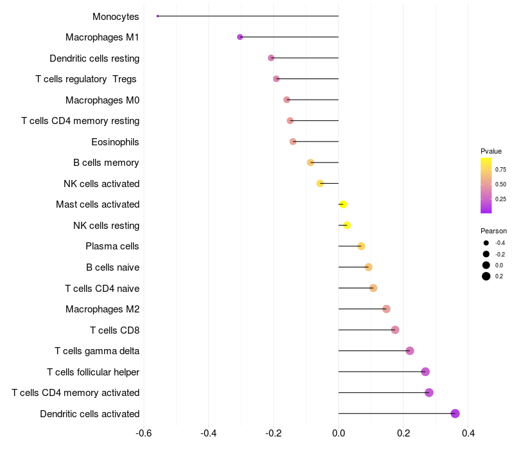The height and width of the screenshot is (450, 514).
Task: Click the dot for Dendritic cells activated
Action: pyautogui.click(x=455, y=413)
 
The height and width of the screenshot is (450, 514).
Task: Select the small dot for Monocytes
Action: pyautogui.click(x=157, y=16)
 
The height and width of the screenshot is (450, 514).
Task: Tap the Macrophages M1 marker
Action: pyautogui.click(x=240, y=37)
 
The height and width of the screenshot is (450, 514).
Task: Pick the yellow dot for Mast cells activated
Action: pyautogui.click(x=342, y=204)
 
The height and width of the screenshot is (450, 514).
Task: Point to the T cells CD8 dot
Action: pyautogui.click(x=395, y=330)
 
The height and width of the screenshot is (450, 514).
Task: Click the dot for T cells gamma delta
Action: pyautogui.click(x=410, y=351)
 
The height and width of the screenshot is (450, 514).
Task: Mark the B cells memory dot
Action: pyautogui.click(x=310, y=163)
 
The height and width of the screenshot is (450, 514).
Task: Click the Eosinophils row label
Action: pyautogui.click(x=116, y=141)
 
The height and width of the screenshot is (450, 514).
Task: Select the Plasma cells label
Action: pyautogui.click(x=112, y=246)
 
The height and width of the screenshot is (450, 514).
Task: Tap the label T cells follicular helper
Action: pyautogui.click(x=93, y=372)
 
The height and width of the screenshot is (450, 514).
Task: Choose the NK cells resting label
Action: pyautogui.click(x=107, y=225)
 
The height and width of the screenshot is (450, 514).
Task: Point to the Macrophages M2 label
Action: pyautogui.click(x=103, y=309)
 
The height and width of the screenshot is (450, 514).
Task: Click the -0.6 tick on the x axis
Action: pyautogui.click(x=143, y=433)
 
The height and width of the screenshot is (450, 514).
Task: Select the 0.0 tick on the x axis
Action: pyautogui.click(x=339, y=433)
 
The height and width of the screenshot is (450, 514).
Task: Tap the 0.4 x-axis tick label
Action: pyautogui.click(x=468, y=433)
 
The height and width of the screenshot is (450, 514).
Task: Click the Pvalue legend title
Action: pyautogui.click(x=491, y=151)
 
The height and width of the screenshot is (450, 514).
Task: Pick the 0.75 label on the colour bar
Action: pyautogui.click(x=501, y=170)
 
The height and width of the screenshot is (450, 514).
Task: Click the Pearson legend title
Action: pyautogui.click(x=493, y=231)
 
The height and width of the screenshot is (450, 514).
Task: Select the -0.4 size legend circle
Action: pyautogui.click(x=486, y=243)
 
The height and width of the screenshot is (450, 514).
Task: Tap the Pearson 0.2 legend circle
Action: pyautogui.click(x=486, y=276)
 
